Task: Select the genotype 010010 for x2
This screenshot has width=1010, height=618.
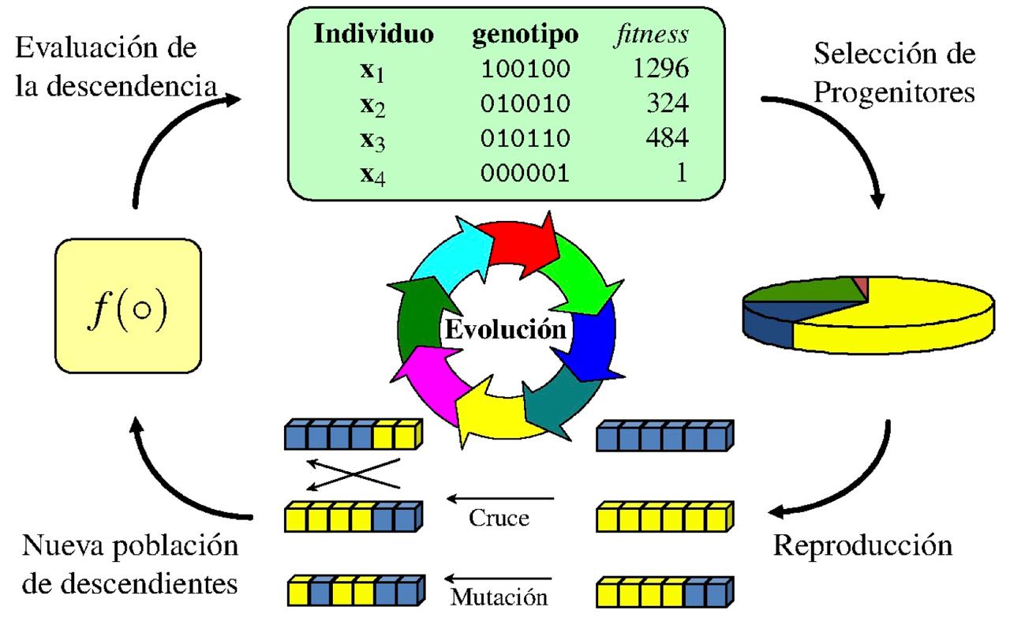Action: [525, 104]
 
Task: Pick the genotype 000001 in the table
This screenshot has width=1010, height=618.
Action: [525, 173]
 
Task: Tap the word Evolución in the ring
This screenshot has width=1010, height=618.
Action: [505, 329]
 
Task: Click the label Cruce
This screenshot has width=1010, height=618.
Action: [499, 519]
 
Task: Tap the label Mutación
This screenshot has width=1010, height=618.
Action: [498, 596]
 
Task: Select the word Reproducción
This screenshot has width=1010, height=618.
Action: [862, 545]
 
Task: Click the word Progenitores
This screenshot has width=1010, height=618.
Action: [894, 92]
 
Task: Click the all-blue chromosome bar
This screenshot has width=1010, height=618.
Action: [663, 435]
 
